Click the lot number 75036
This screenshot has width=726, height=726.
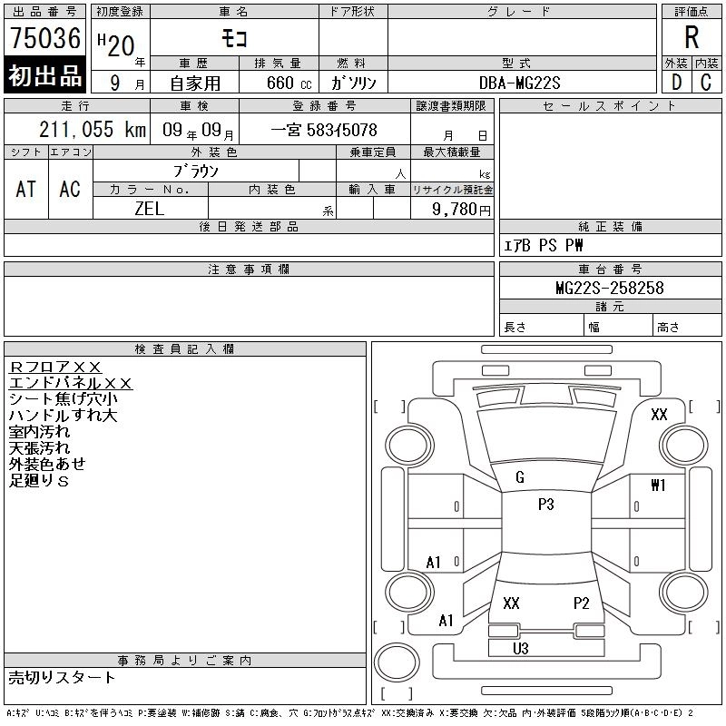pyautogui.click(x=44, y=38)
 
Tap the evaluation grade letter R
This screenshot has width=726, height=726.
pyautogui.click(x=692, y=38)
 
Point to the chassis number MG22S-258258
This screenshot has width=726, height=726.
pyautogui.click(x=609, y=288)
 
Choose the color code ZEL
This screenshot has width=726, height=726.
pyautogui.click(x=150, y=208)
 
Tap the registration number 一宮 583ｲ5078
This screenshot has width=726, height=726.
pyautogui.click(x=324, y=130)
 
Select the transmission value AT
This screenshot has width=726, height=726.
pyautogui.click(x=26, y=189)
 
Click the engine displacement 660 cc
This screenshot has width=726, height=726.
pyautogui.click(x=279, y=83)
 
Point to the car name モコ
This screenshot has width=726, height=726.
pyautogui.click(x=233, y=38)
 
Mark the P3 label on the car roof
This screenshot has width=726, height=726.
pyautogui.click(x=545, y=505)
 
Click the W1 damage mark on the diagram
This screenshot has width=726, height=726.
pyautogui.click(x=658, y=486)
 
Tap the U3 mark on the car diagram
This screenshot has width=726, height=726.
pyautogui.click(x=520, y=648)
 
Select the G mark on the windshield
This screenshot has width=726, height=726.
pyautogui.click(x=519, y=477)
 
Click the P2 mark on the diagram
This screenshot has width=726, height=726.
pyautogui.click(x=582, y=603)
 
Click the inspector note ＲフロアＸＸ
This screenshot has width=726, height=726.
pyautogui.click(x=55, y=367)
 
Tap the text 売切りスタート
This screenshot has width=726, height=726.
pyautogui.click(x=63, y=677)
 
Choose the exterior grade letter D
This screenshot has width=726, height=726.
pyautogui.click(x=675, y=82)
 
